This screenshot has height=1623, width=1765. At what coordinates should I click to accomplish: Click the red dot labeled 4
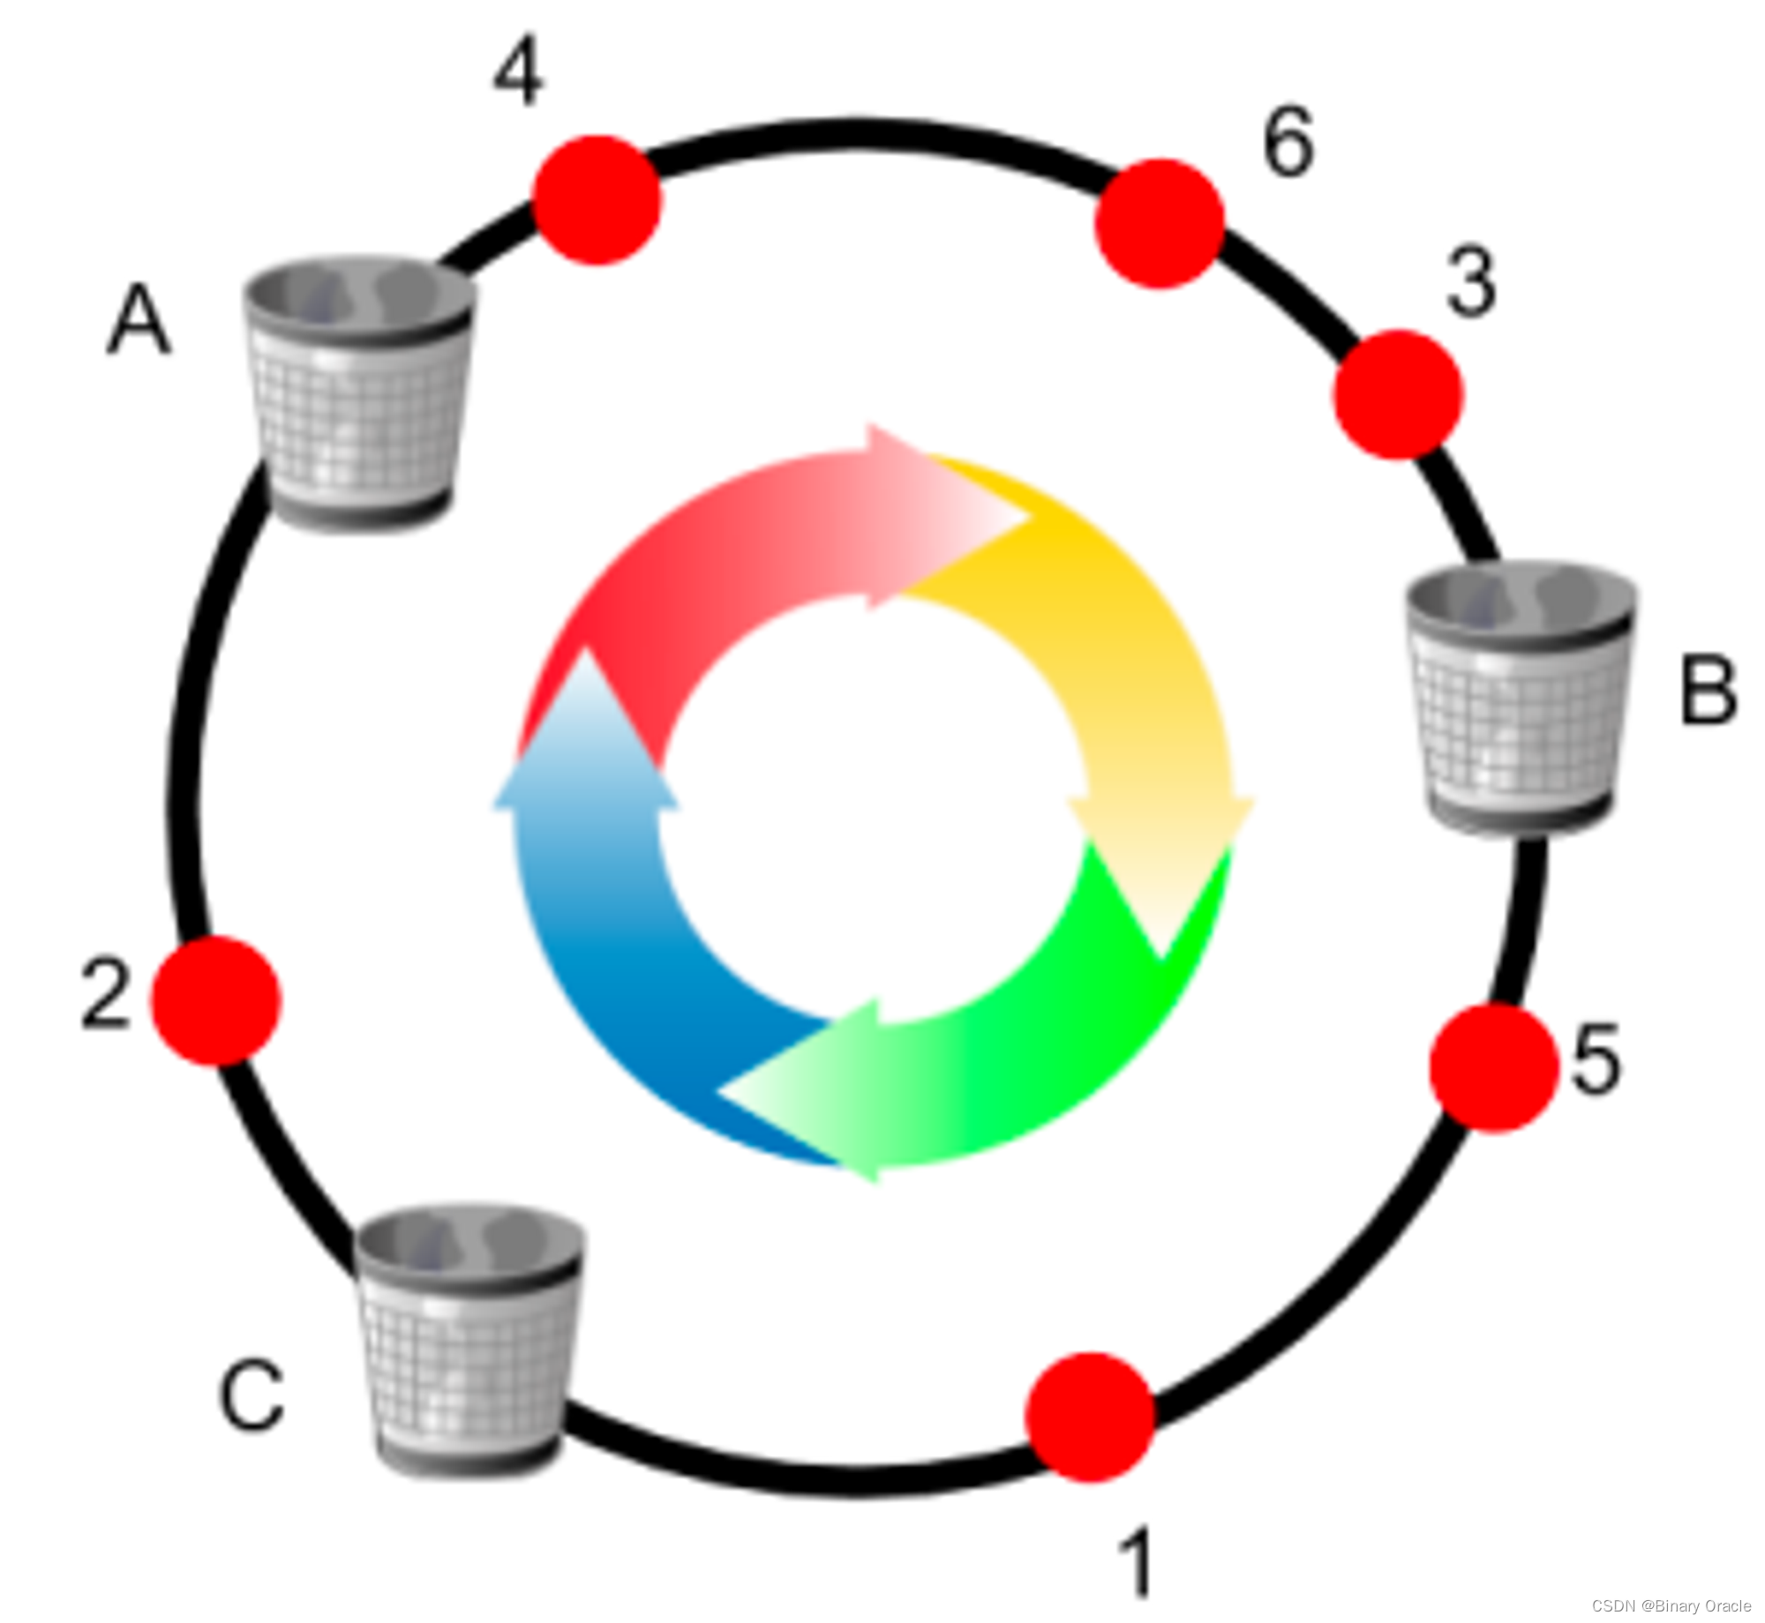597,200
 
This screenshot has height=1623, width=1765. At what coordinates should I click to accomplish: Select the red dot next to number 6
1160,223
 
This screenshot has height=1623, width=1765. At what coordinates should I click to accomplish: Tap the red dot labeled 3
1398,394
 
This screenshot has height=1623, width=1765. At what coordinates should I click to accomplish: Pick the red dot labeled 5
1494,1067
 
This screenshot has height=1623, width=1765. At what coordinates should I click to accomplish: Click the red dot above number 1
1092,1417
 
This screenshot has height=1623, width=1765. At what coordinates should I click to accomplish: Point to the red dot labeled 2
216,1000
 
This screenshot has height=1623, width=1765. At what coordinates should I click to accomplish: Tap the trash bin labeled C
469,1340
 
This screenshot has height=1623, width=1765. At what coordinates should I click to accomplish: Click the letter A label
139,324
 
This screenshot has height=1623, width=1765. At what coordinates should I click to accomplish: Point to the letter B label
1709,692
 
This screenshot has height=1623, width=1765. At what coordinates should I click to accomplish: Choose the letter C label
252,1397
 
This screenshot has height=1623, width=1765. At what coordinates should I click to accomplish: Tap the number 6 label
1288,142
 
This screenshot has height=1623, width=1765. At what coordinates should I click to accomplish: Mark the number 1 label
1137,1561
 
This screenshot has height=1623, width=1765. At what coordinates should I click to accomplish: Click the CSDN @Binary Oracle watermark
1671,1605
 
